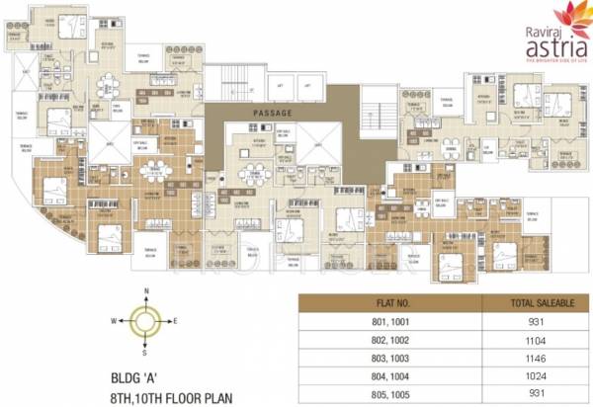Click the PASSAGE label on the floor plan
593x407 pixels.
(x=274, y=113)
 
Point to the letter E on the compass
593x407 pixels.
(x=176, y=321)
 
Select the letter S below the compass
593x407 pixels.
(x=146, y=351)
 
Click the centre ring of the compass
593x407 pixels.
(x=146, y=321)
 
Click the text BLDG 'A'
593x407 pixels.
(x=132, y=375)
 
